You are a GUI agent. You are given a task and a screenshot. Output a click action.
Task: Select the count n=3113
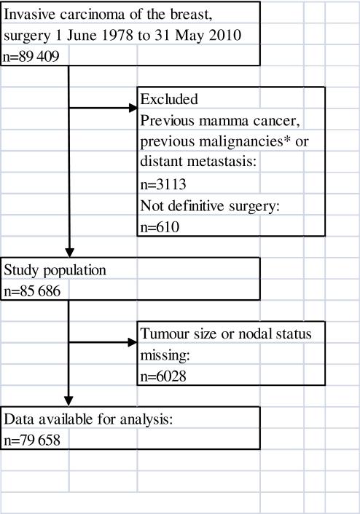[x=164, y=185]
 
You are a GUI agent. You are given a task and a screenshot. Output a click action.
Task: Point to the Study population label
[x=56, y=269]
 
